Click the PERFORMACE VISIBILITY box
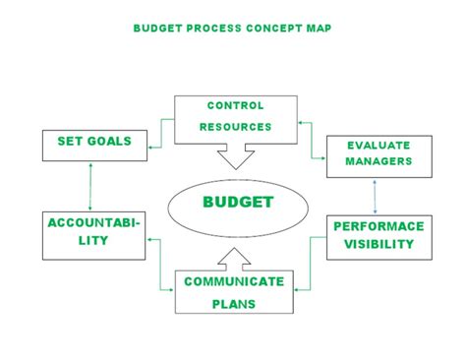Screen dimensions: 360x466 point(379,236)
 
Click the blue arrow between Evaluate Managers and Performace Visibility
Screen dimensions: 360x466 point(375,198)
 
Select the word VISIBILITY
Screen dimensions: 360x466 point(379,245)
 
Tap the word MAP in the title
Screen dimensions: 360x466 point(320,29)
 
